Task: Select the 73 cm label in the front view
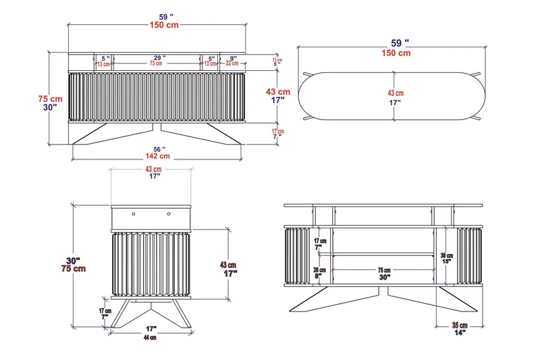pos(157,64)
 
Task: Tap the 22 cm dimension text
pos(232,64)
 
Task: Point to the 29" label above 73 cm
pos(158,58)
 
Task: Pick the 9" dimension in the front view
pos(233,58)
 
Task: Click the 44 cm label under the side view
pos(149,337)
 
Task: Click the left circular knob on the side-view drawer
pos(134,213)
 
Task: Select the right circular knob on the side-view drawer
pos(167,213)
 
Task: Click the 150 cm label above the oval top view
pos(396,53)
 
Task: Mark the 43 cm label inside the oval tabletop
pos(396,93)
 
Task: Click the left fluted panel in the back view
pos(298,255)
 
